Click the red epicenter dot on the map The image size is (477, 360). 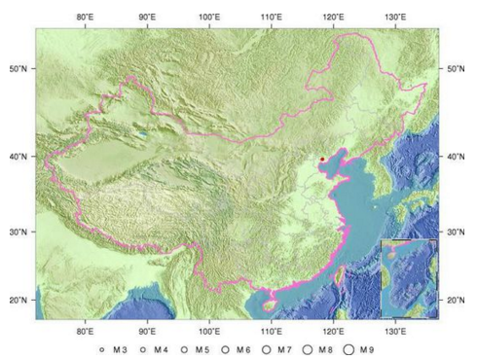pos(322,159)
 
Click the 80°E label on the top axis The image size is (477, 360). pos(85,17)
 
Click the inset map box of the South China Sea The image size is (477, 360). pos(409,277)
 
